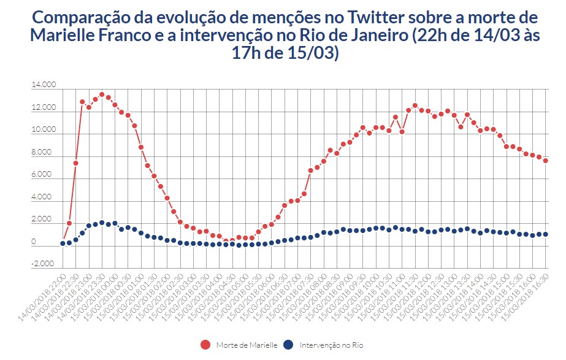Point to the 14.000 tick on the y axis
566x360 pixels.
[43, 86]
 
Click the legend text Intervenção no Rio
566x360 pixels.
[331, 345]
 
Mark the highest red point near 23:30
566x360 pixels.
[102, 94]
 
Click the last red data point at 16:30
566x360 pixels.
[545, 161]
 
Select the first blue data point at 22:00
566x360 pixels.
[63, 243]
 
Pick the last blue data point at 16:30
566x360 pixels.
[545, 234]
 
